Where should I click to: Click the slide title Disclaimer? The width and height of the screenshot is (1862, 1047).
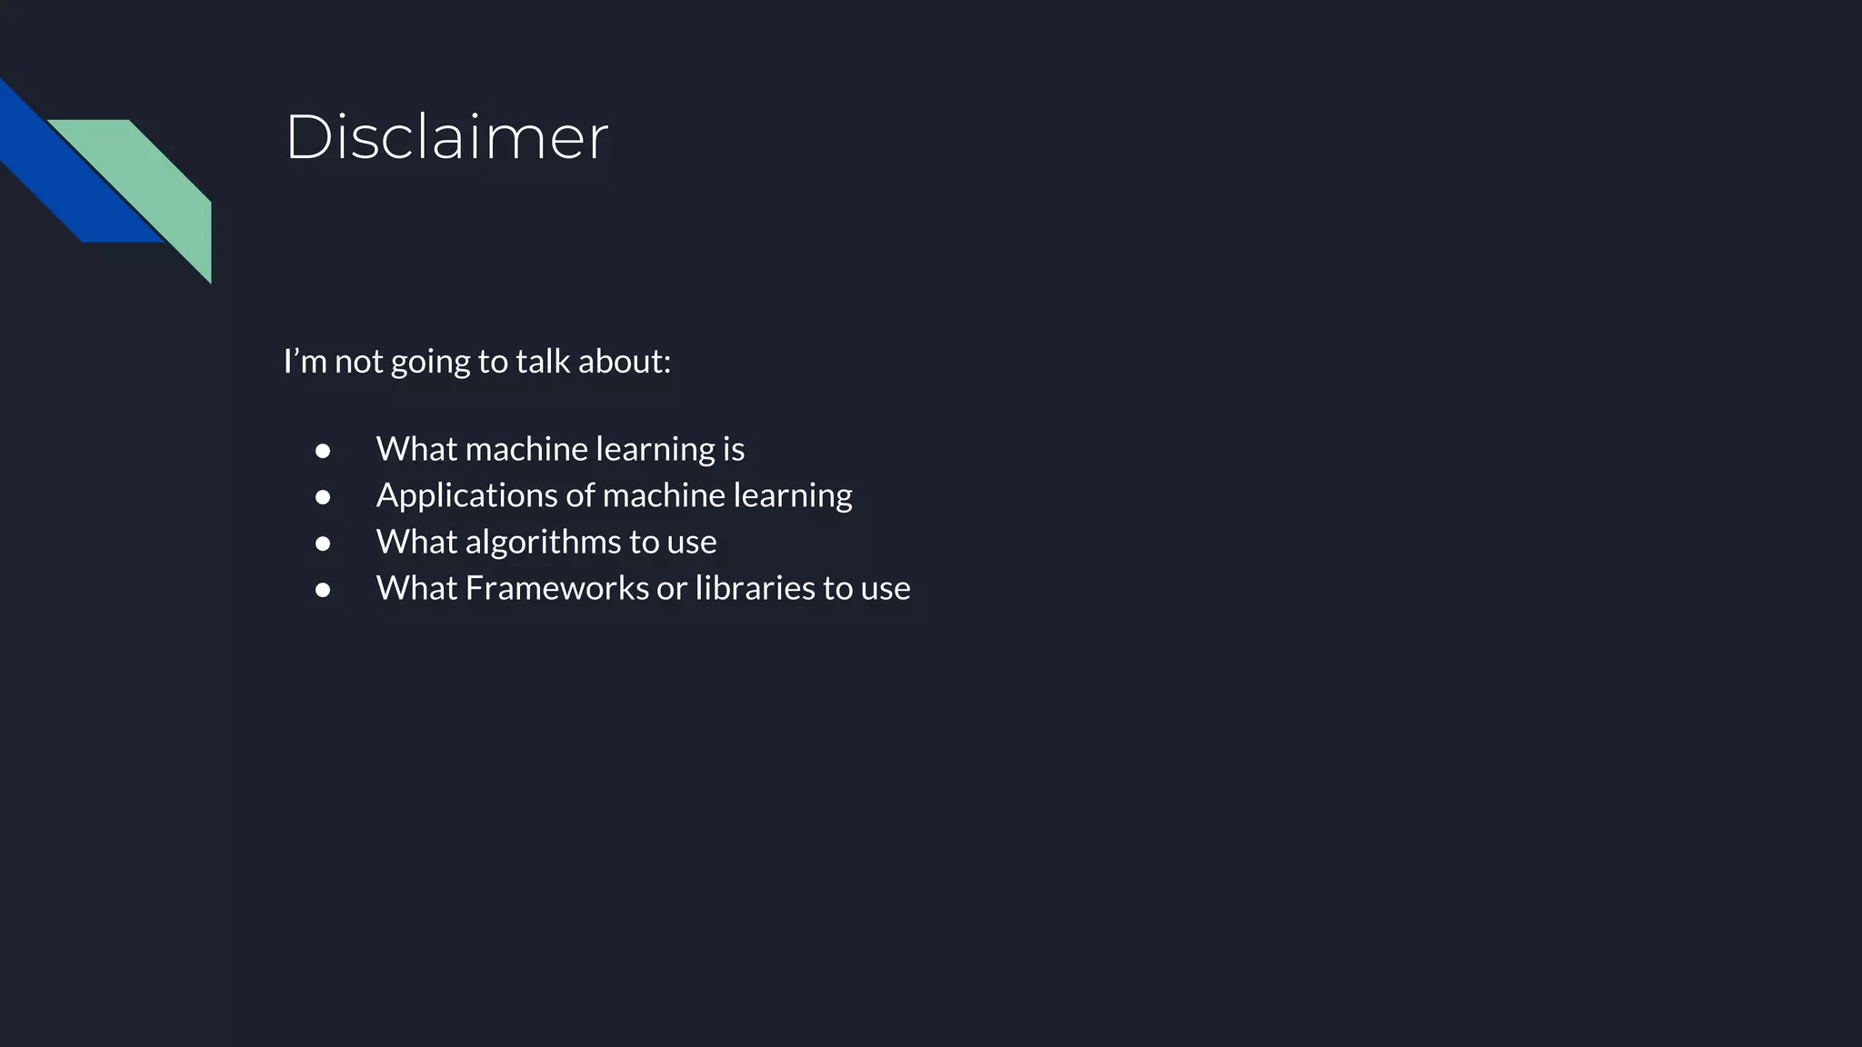point(446,138)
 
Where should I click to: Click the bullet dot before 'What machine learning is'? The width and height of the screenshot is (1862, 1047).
point(323,451)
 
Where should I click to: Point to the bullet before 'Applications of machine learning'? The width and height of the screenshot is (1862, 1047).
point(323,497)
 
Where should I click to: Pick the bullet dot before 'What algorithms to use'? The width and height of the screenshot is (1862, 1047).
point(323,543)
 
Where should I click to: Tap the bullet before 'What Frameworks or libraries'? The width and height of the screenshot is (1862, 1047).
point(323,590)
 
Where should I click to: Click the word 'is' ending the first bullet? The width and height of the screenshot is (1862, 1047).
point(734,449)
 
